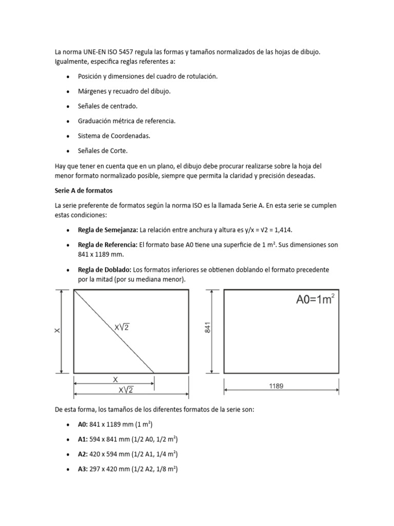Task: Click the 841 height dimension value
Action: [x=208, y=331]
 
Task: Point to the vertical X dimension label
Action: [x=57, y=331]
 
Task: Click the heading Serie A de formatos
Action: [x=83, y=190]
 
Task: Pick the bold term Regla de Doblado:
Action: [x=105, y=270]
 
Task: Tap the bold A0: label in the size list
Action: [x=83, y=424]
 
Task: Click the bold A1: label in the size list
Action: [x=83, y=439]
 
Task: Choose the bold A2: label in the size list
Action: [x=83, y=455]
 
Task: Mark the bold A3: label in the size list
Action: [x=83, y=469]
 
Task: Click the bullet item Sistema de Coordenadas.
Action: [x=114, y=136]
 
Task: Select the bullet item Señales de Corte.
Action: [x=103, y=151]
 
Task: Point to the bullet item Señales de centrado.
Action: [x=108, y=106]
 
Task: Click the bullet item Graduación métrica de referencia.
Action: [x=127, y=121]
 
